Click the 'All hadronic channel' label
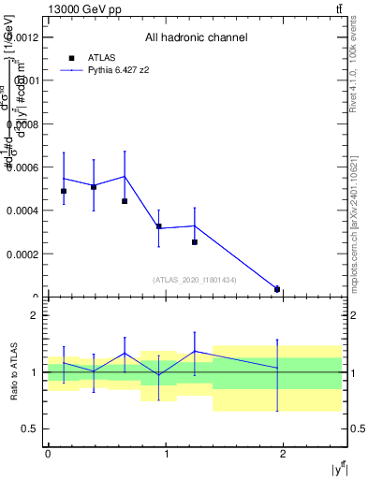click(196, 38)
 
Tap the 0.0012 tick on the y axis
click(23, 37)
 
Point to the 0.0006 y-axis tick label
click(23, 167)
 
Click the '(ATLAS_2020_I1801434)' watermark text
click(195, 280)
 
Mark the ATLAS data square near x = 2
click(277, 289)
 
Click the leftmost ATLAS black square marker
click(64, 191)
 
